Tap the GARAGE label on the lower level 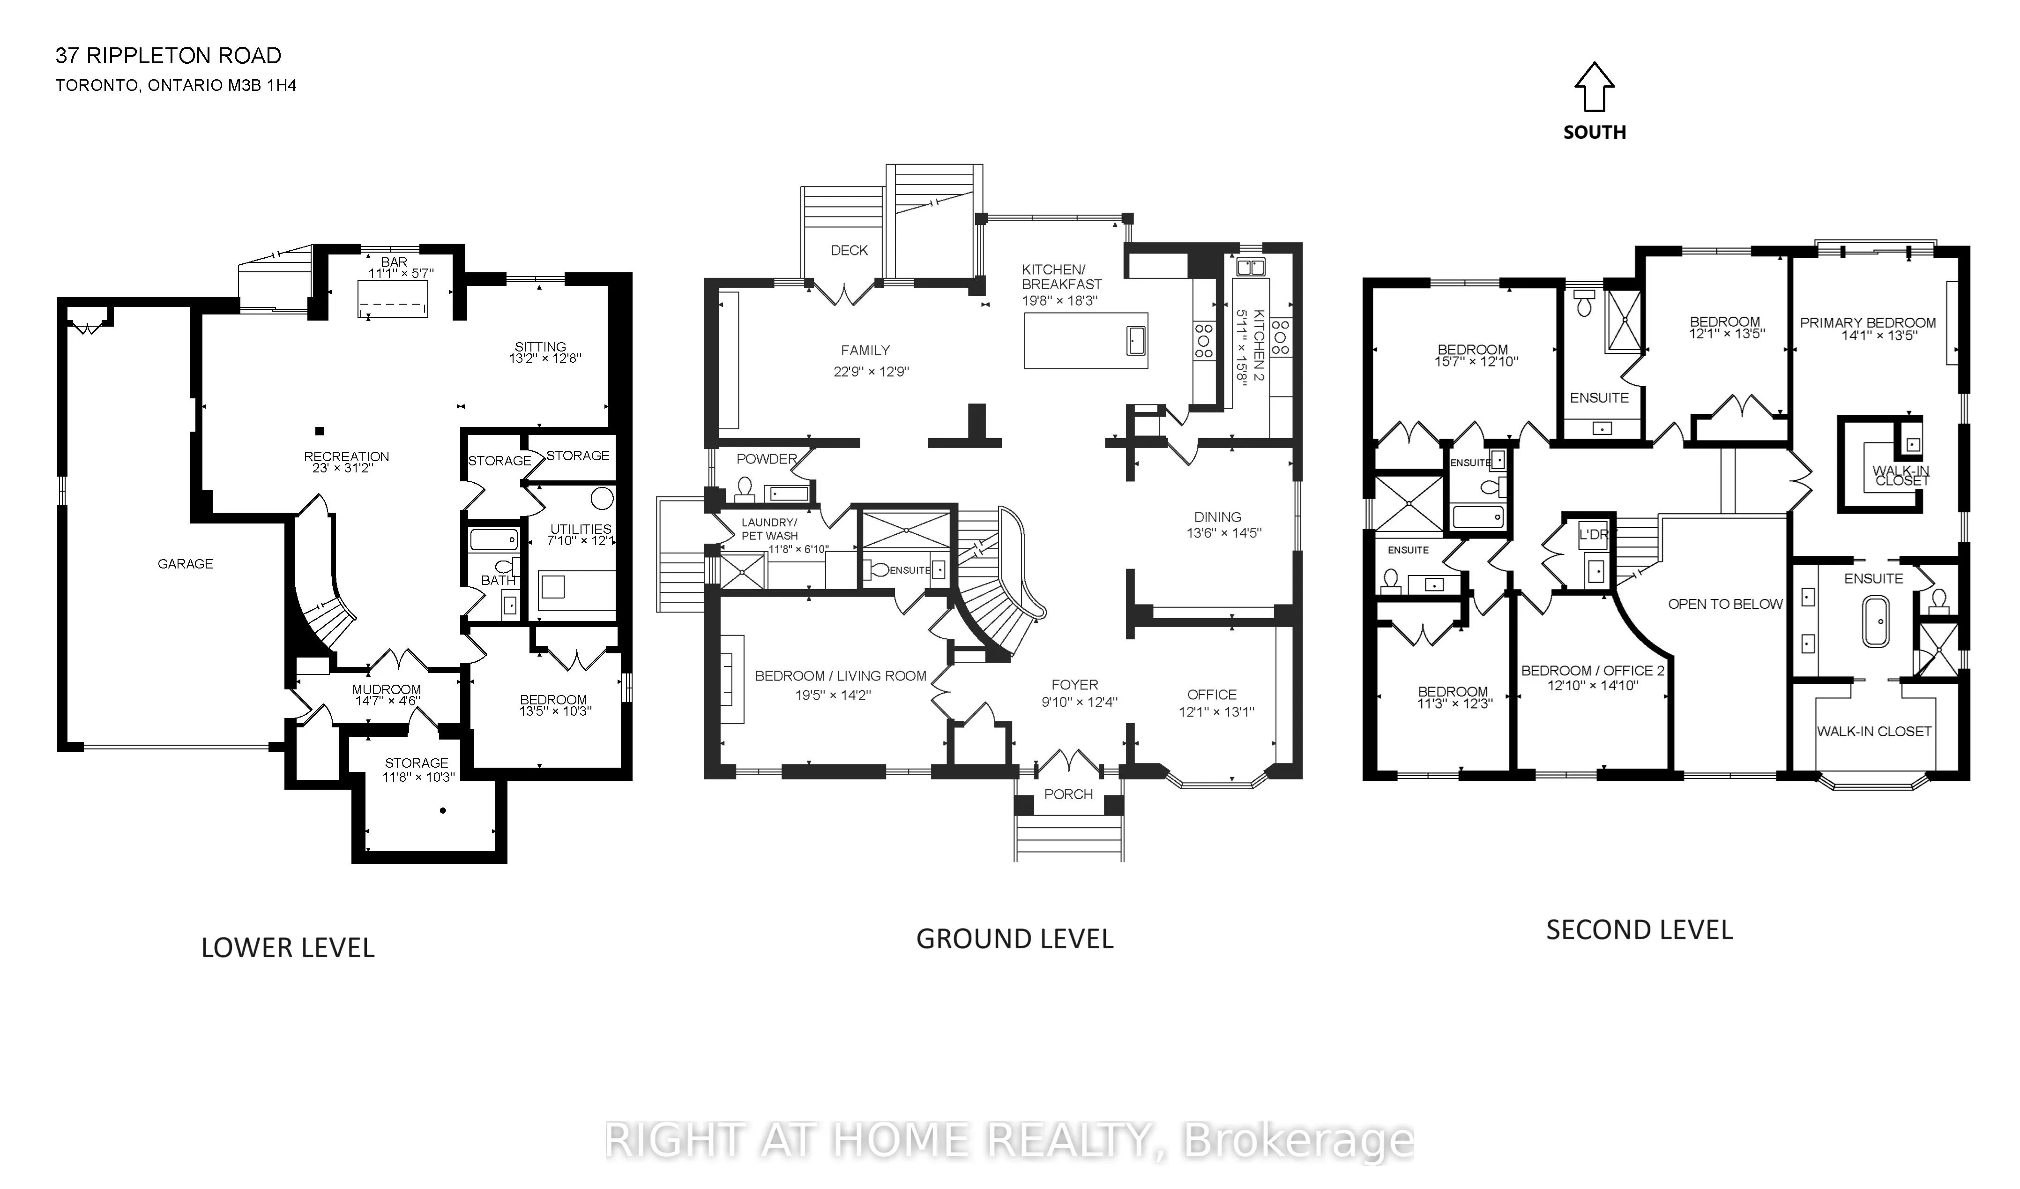(x=185, y=564)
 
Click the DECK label (x=849, y=251)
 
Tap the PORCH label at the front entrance (x=1068, y=794)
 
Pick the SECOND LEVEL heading (x=1639, y=930)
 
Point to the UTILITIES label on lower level (x=581, y=529)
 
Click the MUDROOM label (x=387, y=689)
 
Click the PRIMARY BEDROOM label (x=1868, y=323)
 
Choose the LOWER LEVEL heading (x=288, y=948)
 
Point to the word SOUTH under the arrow (x=1595, y=132)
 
